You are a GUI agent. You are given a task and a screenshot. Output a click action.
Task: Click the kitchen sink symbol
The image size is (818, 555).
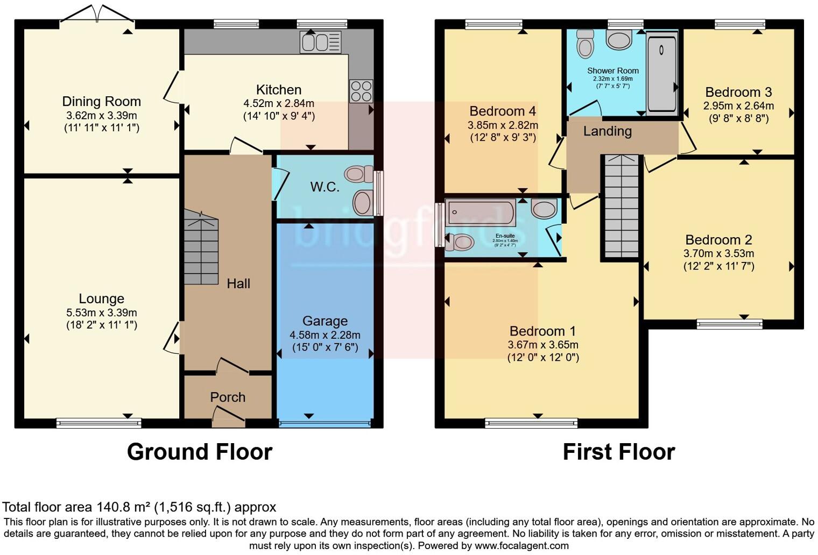click(x=321, y=42)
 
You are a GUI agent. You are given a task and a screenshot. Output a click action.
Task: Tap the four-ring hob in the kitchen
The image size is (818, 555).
click(x=361, y=91)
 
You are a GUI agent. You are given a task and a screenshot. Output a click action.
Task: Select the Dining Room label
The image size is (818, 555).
click(x=101, y=101)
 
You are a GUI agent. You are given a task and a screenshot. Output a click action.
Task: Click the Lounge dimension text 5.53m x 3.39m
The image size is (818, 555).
click(x=101, y=312)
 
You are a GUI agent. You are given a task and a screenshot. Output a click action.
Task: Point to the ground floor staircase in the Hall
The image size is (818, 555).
click(x=201, y=248)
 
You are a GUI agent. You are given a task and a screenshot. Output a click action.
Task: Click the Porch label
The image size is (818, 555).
click(x=228, y=397)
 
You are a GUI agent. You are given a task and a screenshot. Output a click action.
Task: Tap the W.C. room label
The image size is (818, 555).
click(x=325, y=187)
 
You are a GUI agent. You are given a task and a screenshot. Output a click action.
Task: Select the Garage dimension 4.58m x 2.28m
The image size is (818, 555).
click(x=325, y=335)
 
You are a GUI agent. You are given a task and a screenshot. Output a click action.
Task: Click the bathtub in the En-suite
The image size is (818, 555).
click(x=481, y=212)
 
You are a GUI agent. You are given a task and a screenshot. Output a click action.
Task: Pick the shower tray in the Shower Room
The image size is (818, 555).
click(x=661, y=73)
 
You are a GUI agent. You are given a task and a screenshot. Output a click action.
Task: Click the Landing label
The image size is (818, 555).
click(x=607, y=131)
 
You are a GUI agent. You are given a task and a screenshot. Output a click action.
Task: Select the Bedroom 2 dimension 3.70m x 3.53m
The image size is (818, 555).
click(x=718, y=253)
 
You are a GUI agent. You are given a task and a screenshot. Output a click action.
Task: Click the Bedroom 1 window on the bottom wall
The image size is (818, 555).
click(x=531, y=423)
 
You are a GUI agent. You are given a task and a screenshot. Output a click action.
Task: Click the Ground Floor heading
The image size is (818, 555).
click(x=199, y=452)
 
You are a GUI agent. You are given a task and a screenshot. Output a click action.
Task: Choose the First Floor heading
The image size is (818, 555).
click(x=618, y=452)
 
